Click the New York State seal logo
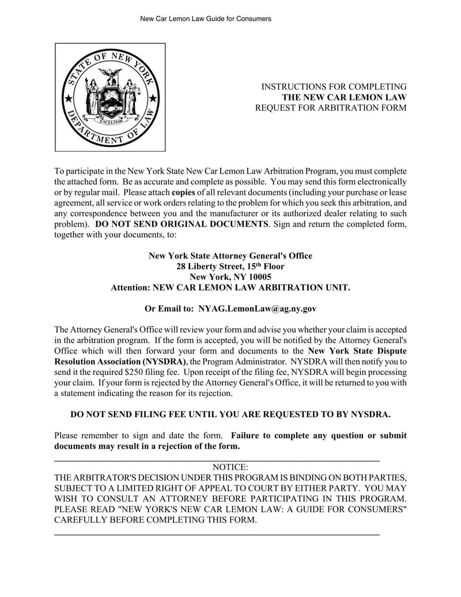(110, 97)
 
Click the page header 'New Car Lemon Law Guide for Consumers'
(206, 19)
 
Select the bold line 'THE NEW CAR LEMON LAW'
(344, 97)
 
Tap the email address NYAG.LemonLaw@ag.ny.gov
(257, 309)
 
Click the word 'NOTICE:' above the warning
(231, 467)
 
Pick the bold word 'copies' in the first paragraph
(183, 192)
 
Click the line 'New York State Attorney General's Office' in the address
(231, 256)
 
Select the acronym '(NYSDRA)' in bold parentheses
(166, 362)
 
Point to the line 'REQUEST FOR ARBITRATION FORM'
(331, 108)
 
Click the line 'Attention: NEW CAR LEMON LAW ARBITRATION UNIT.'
(231, 287)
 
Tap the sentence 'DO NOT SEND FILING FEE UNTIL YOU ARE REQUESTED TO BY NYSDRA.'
(231, 414)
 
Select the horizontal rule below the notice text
(217, 535)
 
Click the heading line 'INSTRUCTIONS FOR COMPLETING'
(334, 87)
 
